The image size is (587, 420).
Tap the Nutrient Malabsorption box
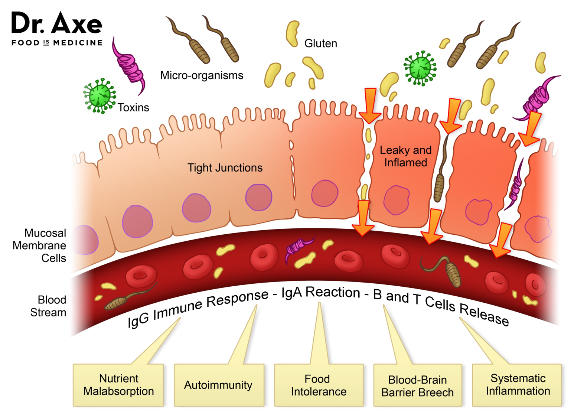coord(118,385)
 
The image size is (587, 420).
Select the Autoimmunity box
coord(218,385)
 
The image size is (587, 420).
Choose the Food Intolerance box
coord(318,385)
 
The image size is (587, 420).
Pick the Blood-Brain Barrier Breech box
coord(417,386)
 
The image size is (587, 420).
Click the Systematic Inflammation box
coord(518,385)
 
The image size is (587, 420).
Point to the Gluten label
coord(320,43)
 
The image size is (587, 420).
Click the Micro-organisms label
coord(202,75)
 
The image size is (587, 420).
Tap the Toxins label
coord(133,108)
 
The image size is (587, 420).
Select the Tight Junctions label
coord(225,168)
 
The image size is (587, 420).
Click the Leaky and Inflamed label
coord(405,156)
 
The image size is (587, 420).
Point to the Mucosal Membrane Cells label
coord(40,245)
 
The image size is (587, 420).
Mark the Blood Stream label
coord(48,306)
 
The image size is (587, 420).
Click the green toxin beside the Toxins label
coord(99,95)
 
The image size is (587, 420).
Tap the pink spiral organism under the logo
coord(129,67)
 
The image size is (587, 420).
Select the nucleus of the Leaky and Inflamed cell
coord(396,200)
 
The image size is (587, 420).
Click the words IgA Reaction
coord(320,293)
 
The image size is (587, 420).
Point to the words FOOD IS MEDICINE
coord(56,43)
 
